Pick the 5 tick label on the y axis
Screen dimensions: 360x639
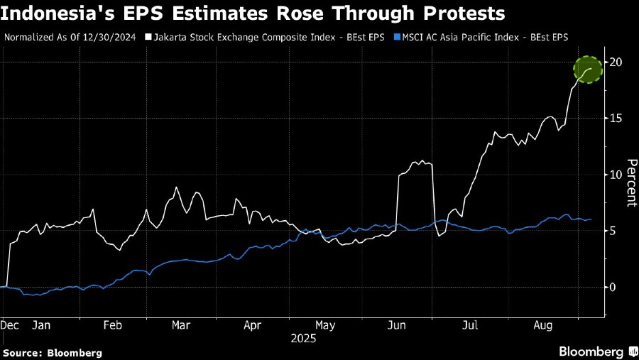[614, 231]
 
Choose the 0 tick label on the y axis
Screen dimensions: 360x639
[614, 287]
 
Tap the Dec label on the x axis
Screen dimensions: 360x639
[9, 325]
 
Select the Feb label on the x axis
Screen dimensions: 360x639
[114, 325]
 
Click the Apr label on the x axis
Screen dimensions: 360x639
[253, 325]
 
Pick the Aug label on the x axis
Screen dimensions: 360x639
[542, 325]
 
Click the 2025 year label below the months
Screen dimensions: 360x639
[302, 339]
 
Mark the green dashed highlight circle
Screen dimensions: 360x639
[588, 70]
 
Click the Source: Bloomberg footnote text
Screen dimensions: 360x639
[53, 352]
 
